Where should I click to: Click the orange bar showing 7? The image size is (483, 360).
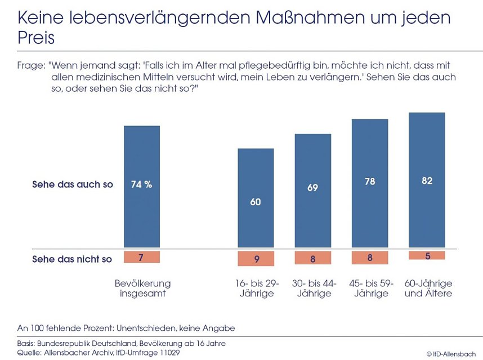click(142, 257)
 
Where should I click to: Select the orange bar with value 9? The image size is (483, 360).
click(256, 259)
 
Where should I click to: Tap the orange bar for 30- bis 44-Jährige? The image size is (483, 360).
click(312, 258)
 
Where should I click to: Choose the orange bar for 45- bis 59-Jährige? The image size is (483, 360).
click(370, 258)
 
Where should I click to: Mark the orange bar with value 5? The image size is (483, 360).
click(427, 255)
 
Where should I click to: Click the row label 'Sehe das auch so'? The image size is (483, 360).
click(73, 184)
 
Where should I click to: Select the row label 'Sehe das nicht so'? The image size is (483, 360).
click(72, 259)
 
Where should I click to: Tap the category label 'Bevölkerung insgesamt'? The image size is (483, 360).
click(142, 288)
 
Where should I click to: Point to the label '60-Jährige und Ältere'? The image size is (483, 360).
click(428, 288)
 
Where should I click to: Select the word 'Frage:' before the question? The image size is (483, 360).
click(30, 66)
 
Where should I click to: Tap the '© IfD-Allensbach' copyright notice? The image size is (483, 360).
click(450, 354)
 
